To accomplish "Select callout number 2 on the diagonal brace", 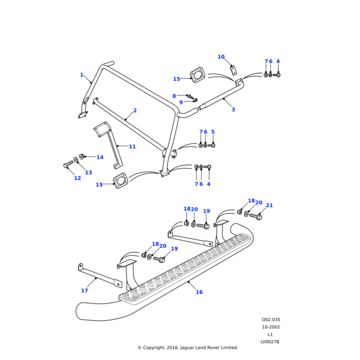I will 135,110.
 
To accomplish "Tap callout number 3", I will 233,109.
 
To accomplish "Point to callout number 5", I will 212,132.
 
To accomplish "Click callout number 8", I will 174,96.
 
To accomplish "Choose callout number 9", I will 181,102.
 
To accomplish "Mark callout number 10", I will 221,57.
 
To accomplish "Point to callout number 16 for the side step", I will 199,292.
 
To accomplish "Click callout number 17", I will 85,290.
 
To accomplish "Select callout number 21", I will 269,205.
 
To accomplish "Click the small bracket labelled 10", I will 234,70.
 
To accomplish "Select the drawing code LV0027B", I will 270,342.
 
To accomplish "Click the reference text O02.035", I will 271,320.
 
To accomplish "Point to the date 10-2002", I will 271,327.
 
